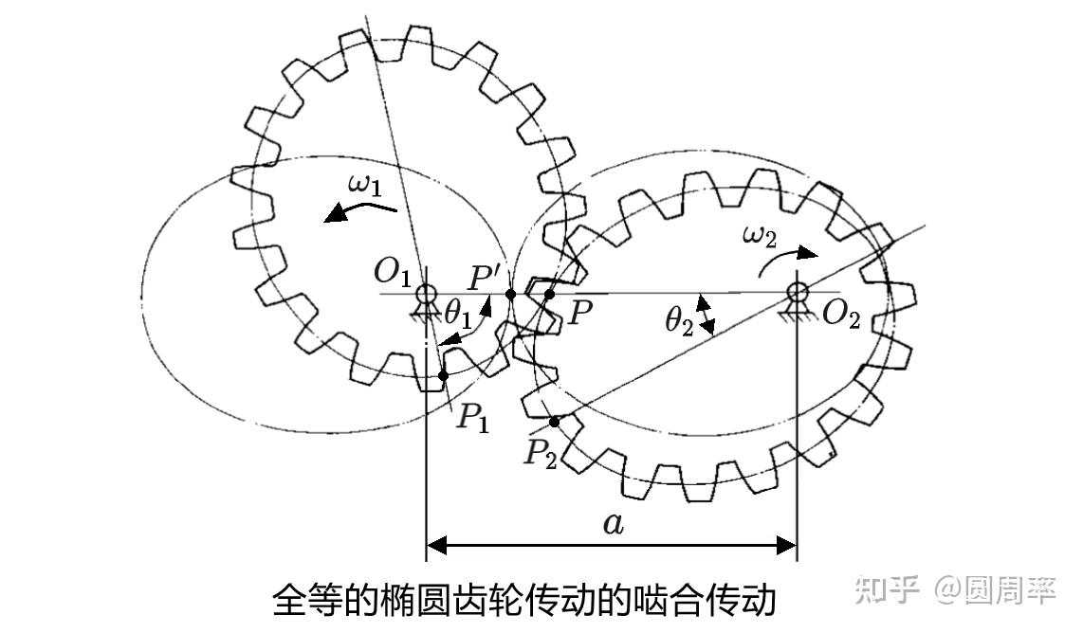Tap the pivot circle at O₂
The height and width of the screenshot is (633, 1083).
click(x=797, y=287)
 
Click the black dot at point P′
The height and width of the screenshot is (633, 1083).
click(x=511, y=295)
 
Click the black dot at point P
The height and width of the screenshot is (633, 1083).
click(x=550, y=294)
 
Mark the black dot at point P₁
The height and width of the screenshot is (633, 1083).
click(x=444, y=376)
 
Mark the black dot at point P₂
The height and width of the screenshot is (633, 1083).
click(x=554, y=421)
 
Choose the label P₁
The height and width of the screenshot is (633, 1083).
click(x=472, y=416)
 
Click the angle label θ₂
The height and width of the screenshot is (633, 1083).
click(x=679, y=322)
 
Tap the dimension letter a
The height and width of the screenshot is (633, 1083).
click(x=614, y=524)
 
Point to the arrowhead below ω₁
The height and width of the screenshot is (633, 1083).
click(x=334, y=216)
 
